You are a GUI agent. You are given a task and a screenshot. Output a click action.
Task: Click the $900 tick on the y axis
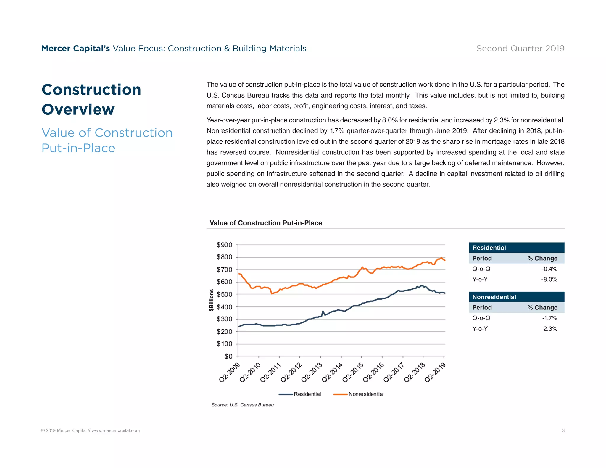(x=224, y=245)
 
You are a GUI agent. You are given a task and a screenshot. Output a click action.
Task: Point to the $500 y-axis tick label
(x=224, y=294)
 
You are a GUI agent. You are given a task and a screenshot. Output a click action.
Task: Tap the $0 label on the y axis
(x=228, y=356)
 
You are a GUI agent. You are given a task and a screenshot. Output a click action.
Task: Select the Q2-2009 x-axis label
(x=229, y=372)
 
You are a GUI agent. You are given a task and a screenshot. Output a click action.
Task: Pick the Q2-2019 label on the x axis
(x=435, y=372)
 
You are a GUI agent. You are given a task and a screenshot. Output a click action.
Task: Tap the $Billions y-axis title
(x=211, y=300)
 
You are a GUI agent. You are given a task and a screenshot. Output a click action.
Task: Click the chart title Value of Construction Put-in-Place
(x=266, y=223)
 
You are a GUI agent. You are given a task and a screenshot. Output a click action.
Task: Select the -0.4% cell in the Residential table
(x=549, y=269)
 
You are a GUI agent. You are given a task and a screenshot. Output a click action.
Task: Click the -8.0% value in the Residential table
(x=549, y=280)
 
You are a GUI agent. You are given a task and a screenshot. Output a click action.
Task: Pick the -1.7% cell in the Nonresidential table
(x=549, y=318)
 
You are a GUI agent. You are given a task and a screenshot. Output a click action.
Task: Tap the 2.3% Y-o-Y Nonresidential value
(x=550, y=329)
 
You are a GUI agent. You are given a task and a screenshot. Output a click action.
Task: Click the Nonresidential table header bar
(x=516, y=297)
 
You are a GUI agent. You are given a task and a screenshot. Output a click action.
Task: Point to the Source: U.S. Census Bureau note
(x=242, y=405)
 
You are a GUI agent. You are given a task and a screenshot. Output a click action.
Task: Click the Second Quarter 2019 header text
(x=520, y=49)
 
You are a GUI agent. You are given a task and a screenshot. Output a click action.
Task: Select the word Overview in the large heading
(x=78, y=109)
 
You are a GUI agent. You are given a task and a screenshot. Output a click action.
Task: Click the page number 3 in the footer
(x=563, y=431)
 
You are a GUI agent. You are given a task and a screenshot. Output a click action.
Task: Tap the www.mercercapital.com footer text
(x=115, y=431)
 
